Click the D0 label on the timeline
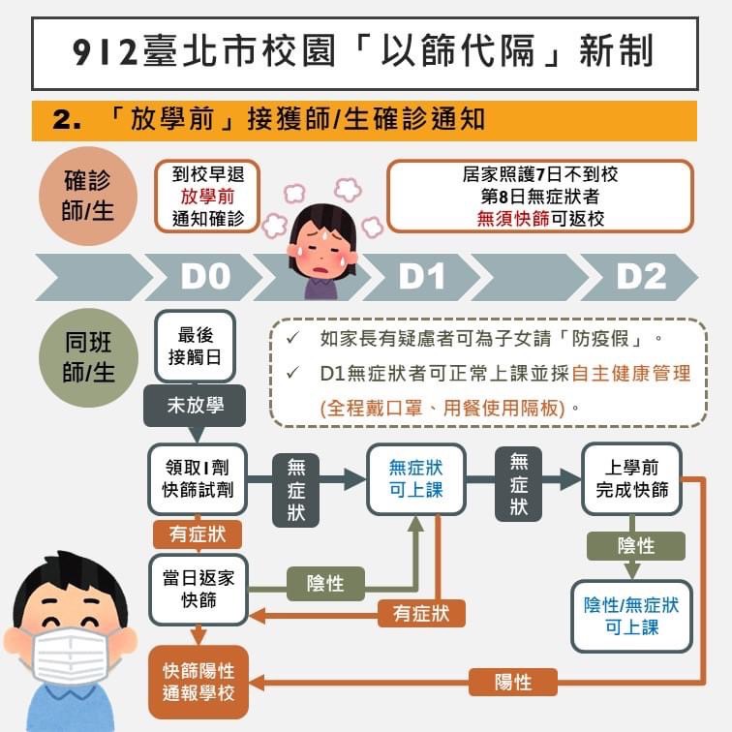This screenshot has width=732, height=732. pos(205,277)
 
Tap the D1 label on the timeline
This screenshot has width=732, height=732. pos(422,277)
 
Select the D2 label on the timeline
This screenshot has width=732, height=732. pos(642,277)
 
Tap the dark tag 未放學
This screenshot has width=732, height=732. pos(195,406)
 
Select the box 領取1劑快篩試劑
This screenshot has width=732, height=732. pos(198,478)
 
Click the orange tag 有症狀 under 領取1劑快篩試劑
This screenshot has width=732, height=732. pos(198,534)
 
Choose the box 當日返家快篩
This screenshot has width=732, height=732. pos(198,589)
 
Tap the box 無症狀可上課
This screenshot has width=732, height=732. pos(415,478)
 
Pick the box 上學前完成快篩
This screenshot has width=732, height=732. pos(631,478)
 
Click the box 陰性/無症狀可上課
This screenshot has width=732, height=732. pos(631,616)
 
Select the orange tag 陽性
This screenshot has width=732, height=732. pos(513,682)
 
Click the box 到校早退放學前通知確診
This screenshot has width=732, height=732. pos(208,196)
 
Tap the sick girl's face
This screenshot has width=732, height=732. pos(321,241)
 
